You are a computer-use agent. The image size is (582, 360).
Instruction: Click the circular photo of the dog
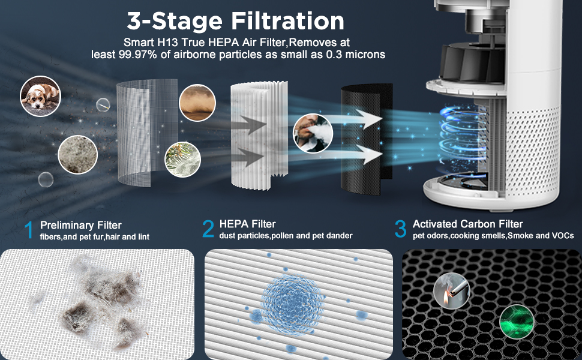click(x=40, y=96)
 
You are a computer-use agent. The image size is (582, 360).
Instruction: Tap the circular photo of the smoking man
click(x=313, y=133)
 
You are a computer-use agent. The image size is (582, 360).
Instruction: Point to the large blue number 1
click(x=28, y=230)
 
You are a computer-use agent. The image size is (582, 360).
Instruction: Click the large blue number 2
click(x=208, y=229)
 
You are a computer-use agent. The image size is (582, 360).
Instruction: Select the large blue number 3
click(x=400, y=229)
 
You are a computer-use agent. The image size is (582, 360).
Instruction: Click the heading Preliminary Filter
click(x=80, y=225)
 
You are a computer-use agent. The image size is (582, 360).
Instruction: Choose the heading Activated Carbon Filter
click(x=468, y=224)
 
